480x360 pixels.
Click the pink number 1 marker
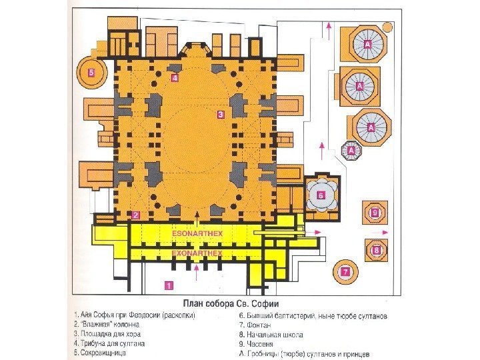[x=169, y=285]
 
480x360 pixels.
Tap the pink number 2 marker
[x=135, y=215]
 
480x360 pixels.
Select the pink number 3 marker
[x=221, y=115]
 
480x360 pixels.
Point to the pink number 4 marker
[x=175, y=78]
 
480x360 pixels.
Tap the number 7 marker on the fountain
[x=345, y=271]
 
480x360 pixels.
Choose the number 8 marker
[x=377, y=251]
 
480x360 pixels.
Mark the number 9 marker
[x=375, y=213]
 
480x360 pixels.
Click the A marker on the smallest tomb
[x=351, y=151]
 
